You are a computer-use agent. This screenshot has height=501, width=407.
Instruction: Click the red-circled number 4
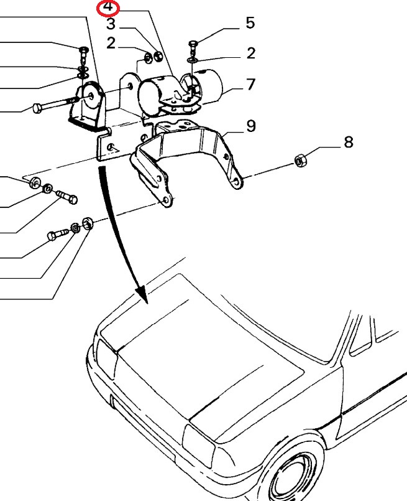point(108,8)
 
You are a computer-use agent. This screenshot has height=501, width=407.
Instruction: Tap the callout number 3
point(111,25)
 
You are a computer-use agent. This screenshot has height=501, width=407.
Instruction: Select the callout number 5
point(250,24)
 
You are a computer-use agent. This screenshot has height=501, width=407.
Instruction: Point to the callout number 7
point(250,84)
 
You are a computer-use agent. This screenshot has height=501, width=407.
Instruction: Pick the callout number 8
point(348,142)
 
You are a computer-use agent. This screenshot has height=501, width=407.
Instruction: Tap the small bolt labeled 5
point(191,45)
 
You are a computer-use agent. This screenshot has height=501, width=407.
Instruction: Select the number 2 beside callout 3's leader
point(111,43)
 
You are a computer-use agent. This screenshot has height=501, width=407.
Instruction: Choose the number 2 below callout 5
point(250,53)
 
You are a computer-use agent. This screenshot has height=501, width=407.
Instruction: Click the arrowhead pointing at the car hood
point(142,295)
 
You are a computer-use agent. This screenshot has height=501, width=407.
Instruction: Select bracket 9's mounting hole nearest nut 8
point(236,181)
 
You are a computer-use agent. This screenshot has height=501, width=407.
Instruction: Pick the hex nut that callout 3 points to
point(158,58)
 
